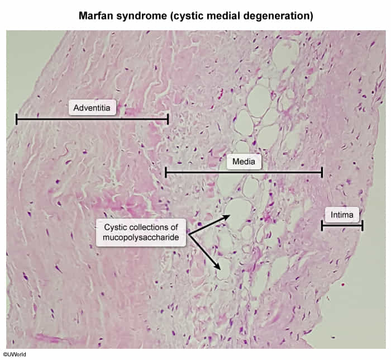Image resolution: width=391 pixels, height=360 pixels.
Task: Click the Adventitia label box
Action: (x=92, y=107)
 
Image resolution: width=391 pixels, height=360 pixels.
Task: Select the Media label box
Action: (x=244, y=162)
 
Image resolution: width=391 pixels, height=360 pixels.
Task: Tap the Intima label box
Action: (x=342, y=214)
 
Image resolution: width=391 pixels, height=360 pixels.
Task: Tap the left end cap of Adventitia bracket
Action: (x=17, y=119)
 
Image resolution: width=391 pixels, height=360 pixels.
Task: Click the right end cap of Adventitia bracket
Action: (x=168, y=119)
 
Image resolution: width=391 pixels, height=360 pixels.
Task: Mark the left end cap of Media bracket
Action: (x=166, y=172)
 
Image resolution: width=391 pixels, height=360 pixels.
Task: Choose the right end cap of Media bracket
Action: (x=322, y=172)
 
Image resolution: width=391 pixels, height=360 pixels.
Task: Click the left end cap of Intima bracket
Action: (x=322, y=225)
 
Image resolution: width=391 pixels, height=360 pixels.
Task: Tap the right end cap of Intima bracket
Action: (x=363, y=225)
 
